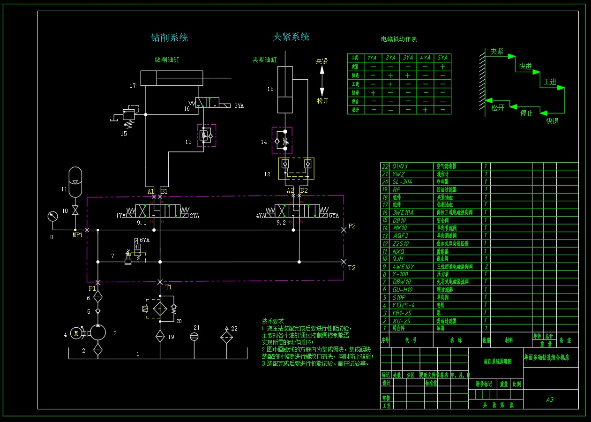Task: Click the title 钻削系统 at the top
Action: [169, 38]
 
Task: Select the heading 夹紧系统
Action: [291, 37]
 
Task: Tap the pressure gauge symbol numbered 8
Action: [52, 216]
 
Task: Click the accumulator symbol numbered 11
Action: [75, 182]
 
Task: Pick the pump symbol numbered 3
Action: [98, 333]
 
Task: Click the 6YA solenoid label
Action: [145, 240]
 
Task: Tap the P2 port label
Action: [352, 226]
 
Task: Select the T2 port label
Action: [352, 268]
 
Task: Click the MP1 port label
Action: [77, 235]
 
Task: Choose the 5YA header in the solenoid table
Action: [442, 58]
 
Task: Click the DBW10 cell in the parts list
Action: [402, 282]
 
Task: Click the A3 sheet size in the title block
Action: [550, 399]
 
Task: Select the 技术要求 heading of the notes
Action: [272, 321]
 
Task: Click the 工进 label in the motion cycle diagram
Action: [550, 82]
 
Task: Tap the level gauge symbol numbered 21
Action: [195, 336]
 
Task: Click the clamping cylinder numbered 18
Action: [285, 89]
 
